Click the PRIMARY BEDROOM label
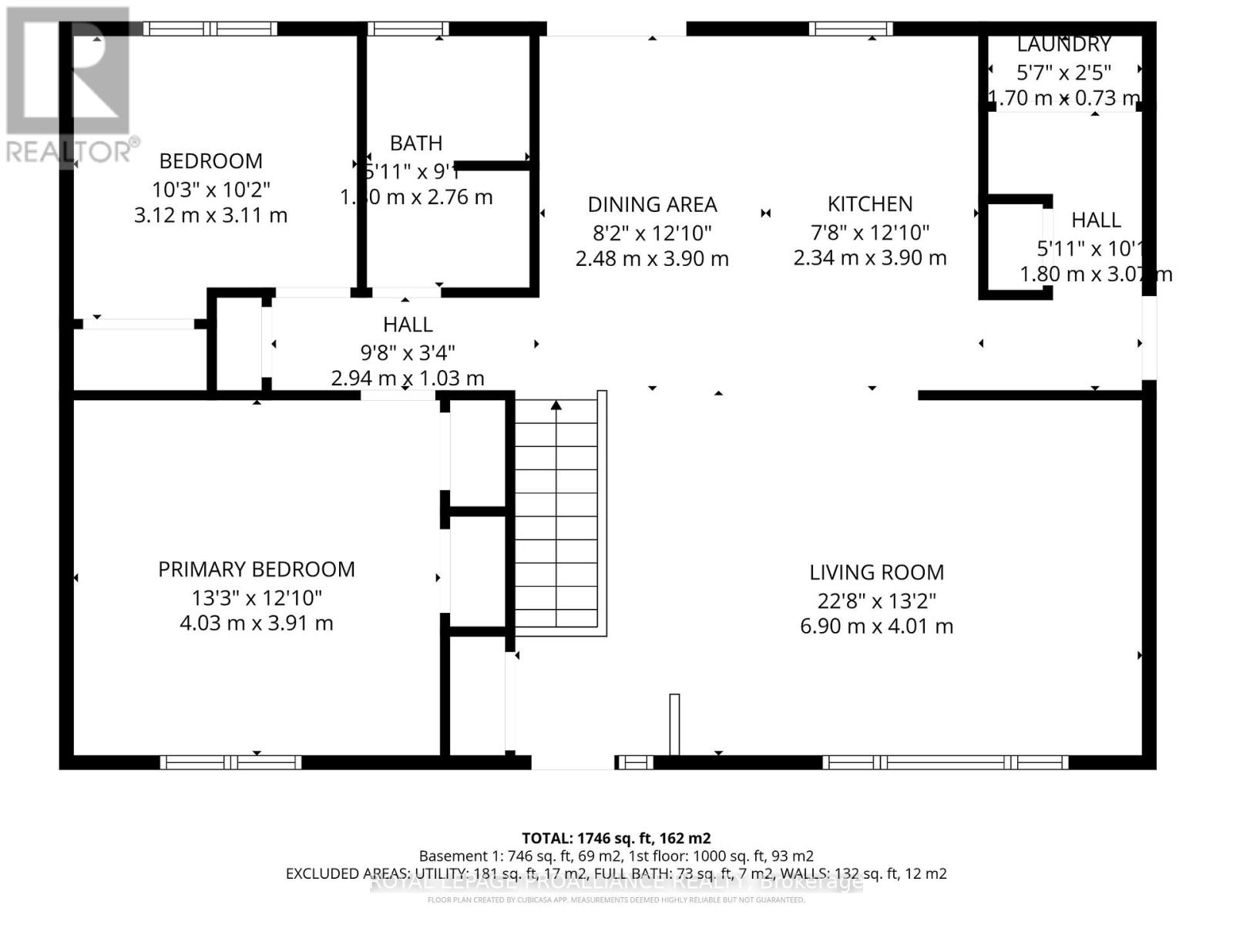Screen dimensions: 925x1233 point(257,570)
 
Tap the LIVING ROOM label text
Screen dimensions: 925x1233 point(876,573)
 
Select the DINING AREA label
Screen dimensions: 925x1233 point(652,204)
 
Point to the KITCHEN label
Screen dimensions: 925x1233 point(870,204)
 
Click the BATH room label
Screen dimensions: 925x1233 point(416,143)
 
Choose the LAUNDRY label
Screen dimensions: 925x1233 point(1063,45)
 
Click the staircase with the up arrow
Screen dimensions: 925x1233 point(556,513)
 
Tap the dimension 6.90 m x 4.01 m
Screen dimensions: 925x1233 point(876,626)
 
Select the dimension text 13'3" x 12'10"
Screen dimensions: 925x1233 point(257,597)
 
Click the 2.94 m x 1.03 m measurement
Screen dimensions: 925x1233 point(408,378)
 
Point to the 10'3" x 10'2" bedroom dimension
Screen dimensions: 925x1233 point(211,189)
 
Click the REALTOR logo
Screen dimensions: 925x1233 point(69,85)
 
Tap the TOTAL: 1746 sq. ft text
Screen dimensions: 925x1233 point(616,838)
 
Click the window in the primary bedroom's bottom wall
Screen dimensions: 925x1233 point(230,762)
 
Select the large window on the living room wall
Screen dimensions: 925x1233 point(945,762)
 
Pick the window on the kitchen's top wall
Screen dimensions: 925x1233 point(850,29)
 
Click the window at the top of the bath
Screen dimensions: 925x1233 point(408,29)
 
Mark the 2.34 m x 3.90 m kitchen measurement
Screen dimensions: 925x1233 point(870,258)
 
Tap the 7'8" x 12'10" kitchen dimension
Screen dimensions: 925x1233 point(870,231)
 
